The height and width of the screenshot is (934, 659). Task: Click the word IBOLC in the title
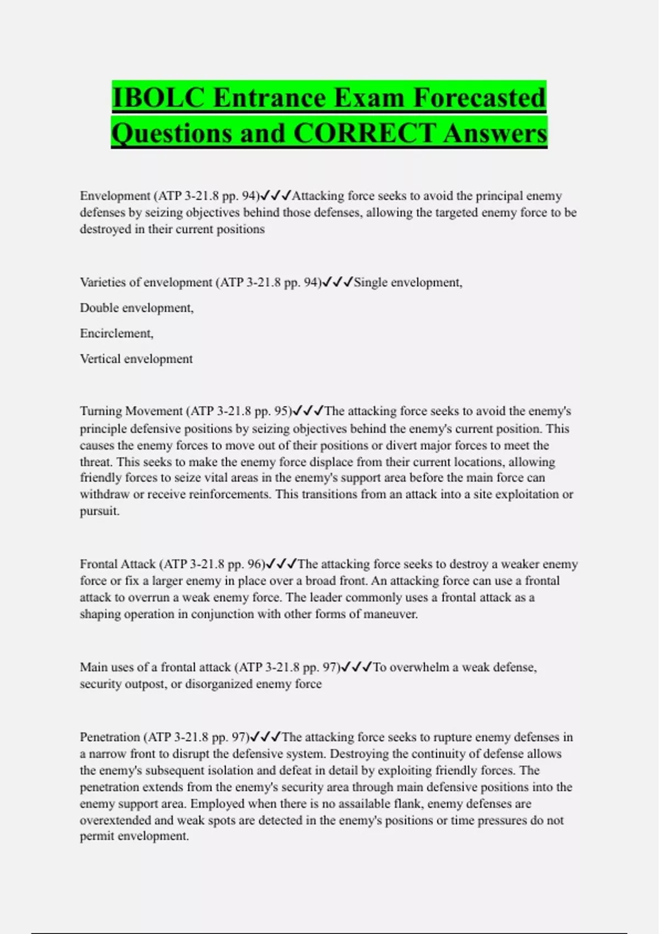coord(158,98)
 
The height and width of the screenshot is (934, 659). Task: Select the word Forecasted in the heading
coord(479,98)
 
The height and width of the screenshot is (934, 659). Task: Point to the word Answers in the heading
coord(495,133)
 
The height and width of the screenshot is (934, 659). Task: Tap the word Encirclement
coord(116,333)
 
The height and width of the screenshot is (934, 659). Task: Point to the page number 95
coord(281,411)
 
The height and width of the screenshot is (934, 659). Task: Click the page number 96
coord(256,564)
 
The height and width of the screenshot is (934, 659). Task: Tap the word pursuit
coord(99,511)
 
